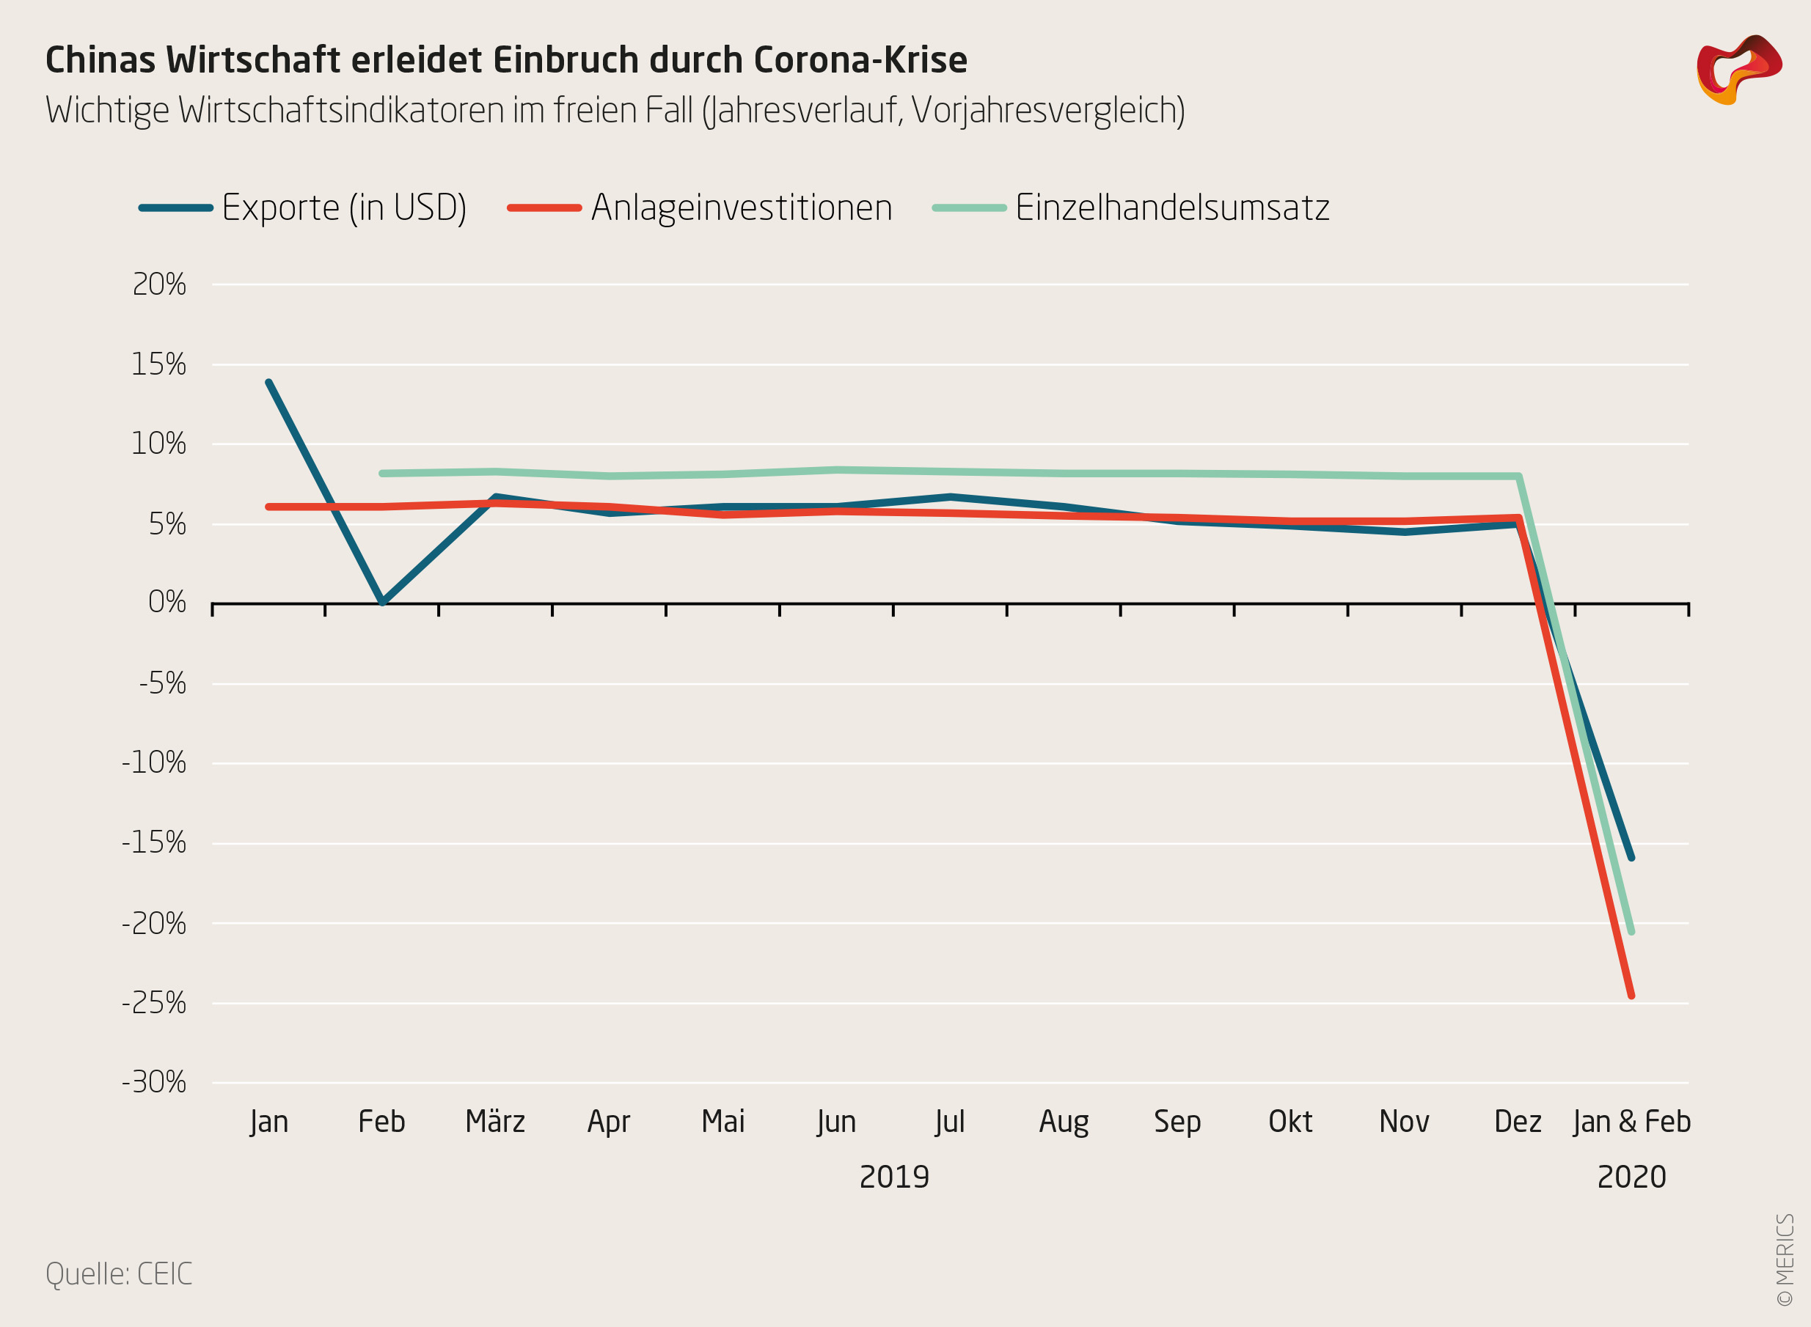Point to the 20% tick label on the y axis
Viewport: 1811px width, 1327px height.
point(159,284)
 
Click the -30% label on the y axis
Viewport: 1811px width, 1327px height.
point(154,1083)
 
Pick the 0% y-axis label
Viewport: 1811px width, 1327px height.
point(167,602)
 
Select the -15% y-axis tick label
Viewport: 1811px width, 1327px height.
point(154,843)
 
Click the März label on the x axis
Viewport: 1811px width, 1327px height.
point(495,1122)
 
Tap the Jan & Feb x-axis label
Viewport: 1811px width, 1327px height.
point(1632,1122)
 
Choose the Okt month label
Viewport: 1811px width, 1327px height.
point(1290,1122)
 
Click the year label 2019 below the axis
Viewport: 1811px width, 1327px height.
point(894,1177)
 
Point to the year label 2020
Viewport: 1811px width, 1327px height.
point(1632,1177)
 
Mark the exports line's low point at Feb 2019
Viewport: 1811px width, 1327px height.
point(382,602)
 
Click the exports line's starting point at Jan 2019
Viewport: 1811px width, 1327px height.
point(268,383)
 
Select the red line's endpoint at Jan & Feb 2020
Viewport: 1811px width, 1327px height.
point(1632,996)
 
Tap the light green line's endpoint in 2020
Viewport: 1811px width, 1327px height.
point(1632,932)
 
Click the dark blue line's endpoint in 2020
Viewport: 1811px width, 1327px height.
point(1632,858)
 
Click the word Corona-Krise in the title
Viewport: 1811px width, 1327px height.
point(860,60)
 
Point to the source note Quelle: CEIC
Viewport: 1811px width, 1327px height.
point(119,1274)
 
